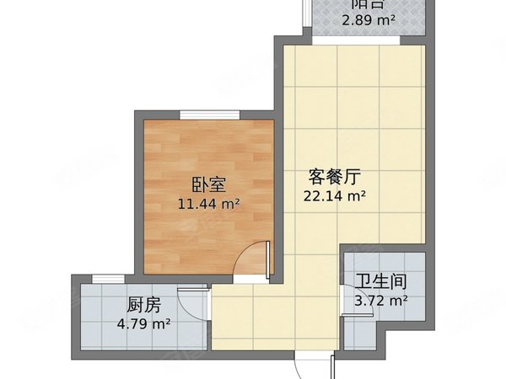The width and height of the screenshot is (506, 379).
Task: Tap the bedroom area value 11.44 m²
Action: [x=208, y=203]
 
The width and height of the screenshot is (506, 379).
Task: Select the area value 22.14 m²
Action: [x=334, y=196]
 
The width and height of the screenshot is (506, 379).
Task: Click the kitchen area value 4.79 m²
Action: [x=143, y=323]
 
